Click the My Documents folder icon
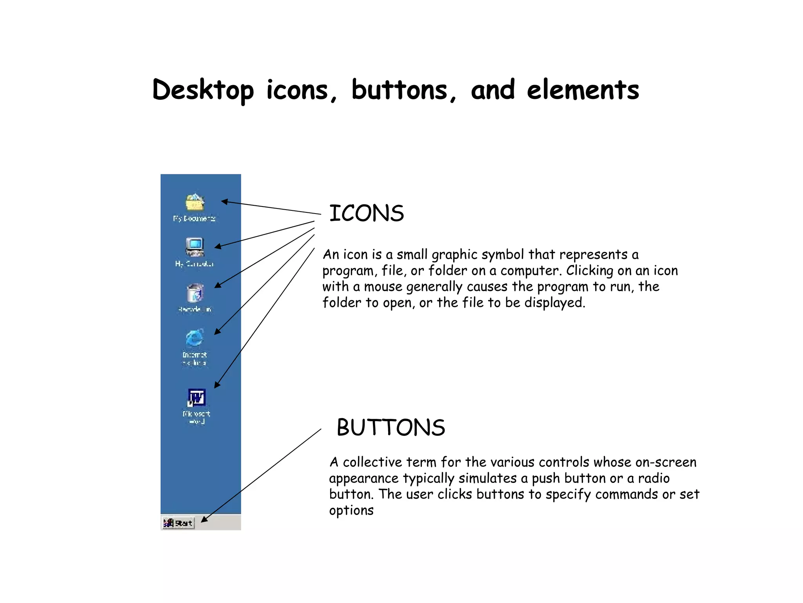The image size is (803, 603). click(x=195, y=203)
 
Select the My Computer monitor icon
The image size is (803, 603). click(x=195, y=247)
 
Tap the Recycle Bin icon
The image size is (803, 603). click(x=195, y=293)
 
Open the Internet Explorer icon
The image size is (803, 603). click(x=195, y=338)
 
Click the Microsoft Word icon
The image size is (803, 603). click(x=196, y=398)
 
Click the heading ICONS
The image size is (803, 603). click(x=366, y=214)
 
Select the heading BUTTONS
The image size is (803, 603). click(x=391, y=428)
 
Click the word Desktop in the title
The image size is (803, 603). click(x=203, y=90)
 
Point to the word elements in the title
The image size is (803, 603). click(x=583, y=90)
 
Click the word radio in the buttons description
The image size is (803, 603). click(x=654, y=479)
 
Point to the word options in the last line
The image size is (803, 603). click(x=351, y=511)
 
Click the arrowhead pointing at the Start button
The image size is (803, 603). click(x=204, y=520)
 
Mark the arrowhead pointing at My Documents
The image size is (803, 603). click(x=224, y=202)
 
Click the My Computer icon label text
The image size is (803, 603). click(x=194, y=264)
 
